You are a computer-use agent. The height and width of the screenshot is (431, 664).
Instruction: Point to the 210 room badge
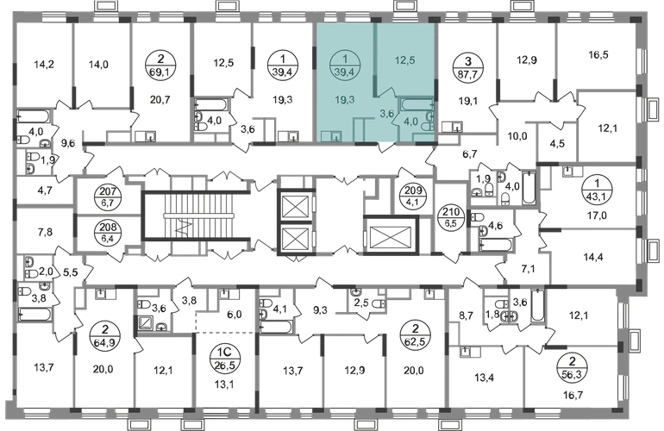tap(450, 216)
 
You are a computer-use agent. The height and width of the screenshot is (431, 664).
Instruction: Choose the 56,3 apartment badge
tap(573, 368)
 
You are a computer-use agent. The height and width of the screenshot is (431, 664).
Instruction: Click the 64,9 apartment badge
tap(105, 335)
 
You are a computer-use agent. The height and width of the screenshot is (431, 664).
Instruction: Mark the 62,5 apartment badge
tap(415, 335)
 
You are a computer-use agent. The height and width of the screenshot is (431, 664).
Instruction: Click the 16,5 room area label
tap(598, 55)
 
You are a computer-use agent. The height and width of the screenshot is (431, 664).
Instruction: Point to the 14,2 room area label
tap(45, 65)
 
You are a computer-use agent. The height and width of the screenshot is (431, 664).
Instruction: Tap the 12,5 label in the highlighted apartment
tap(404, 60)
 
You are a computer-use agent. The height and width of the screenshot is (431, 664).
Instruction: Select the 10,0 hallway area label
tap(517, 136)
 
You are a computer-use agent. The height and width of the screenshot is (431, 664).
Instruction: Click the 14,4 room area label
tap(593, 257)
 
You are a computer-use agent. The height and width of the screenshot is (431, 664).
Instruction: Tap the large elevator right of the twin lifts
tap(391, 235)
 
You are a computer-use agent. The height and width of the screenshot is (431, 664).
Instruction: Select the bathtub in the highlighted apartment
tap(417, 104)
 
